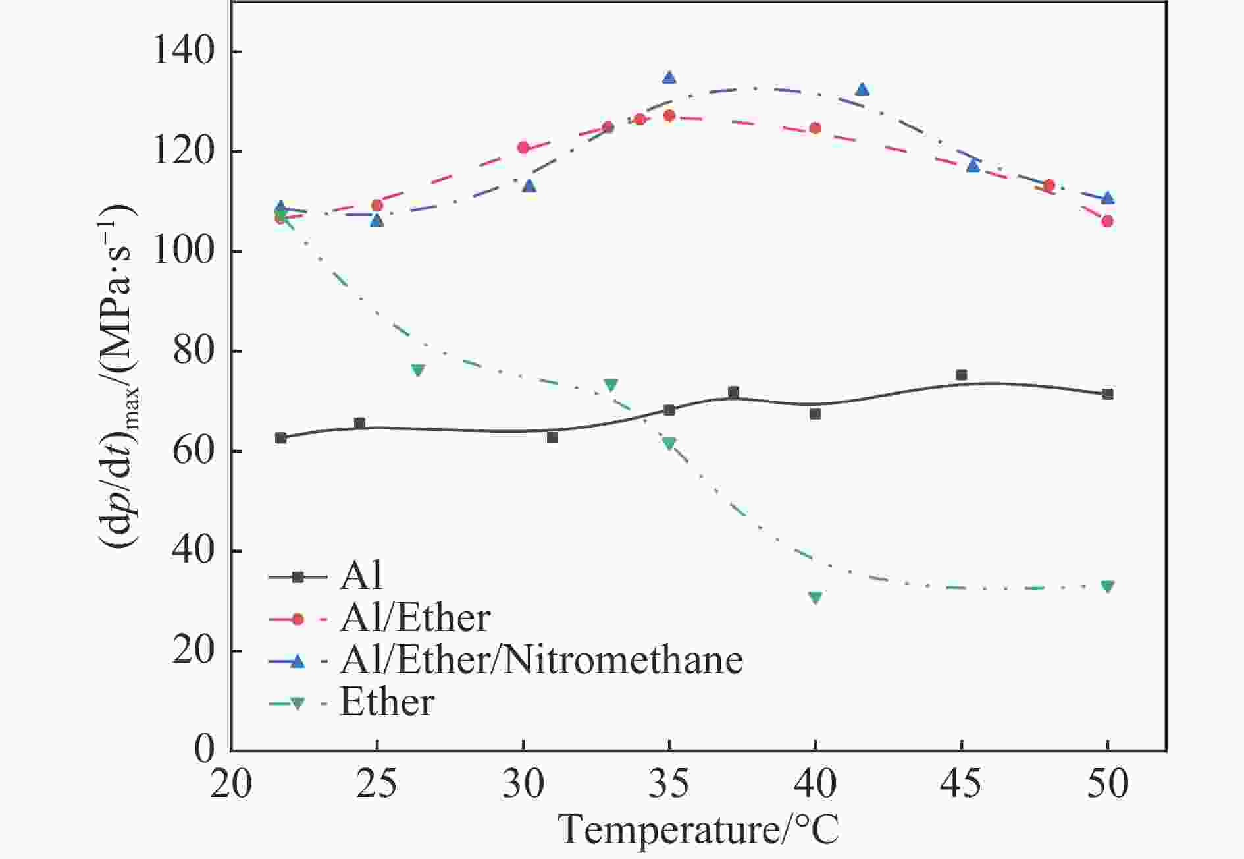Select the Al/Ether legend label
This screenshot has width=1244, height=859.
tap(415, 619)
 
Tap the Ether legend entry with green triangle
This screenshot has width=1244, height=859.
tap(386, 702)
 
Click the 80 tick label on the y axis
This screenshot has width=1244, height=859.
tap(195, 351)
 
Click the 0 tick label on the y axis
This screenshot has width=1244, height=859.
tap(205, 750)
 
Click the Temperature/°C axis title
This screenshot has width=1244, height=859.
tap(699, 829)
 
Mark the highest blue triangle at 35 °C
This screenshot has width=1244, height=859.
tap(669, 78)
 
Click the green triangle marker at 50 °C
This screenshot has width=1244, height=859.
tap(1108, 586)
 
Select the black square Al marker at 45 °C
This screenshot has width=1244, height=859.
tap(962, 375)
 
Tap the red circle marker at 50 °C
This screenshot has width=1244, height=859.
tap(1108, 221)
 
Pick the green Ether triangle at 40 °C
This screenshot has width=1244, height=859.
tap(816, 598)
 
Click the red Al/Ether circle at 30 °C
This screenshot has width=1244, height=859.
tap(523, 148)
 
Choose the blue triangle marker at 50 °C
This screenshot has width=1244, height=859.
tap(1108, 198)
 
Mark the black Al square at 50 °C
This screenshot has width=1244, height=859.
tap(1108, 394)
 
